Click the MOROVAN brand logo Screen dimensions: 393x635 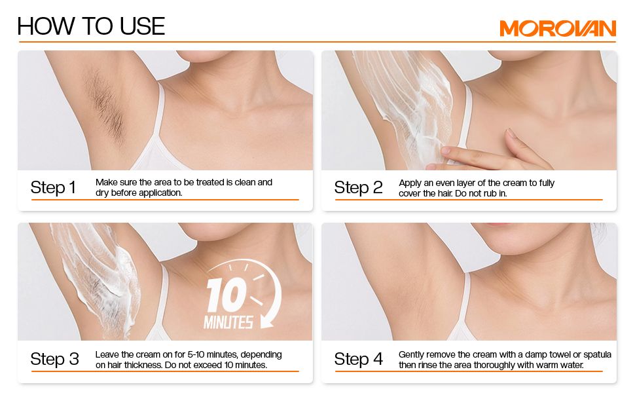coord(557,28)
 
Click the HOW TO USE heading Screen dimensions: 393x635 coord(91,26)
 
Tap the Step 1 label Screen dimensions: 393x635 coord(53,187)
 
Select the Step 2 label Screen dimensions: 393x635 coord(358,187)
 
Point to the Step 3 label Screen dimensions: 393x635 coord(54,359)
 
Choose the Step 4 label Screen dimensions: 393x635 coord(358,359)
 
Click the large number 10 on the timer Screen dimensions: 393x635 coord(226,295)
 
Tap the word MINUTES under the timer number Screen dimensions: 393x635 coord(228,322)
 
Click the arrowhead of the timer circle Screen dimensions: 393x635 coord(266,322)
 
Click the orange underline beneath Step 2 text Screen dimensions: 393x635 coord(469,200)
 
